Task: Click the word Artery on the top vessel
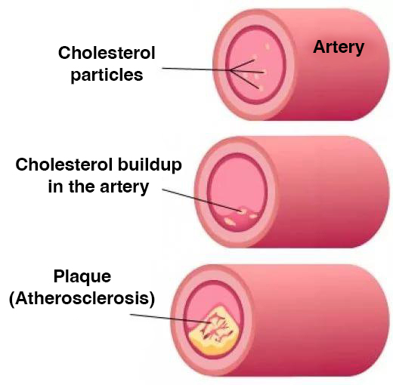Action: pyautogui.click(x=339, y=48)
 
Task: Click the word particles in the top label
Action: pyautogui.click(x=107, y=75)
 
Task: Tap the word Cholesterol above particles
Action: pyautogui.click(x=107, y=53)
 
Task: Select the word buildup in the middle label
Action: pyautogui.click(x=150, y=165)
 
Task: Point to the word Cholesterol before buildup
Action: pyautogui.click(x=64, y=165)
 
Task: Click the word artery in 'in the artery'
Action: pyautogui.click(x=125, y=187)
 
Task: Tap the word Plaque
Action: pyautogui.click(x=82, y=277)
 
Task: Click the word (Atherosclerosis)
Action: pyautogui.click(x=82, y=299)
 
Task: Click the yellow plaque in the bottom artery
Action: pyautogui.click(x=214, y=331)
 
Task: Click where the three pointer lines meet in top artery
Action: pyautogui.click(x=230, y=70)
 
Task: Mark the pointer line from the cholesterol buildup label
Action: pyautogui.click(x=202, y=200)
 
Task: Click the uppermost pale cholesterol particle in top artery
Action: pyautogui.click(x=268, y=46)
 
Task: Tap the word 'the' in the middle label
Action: pyautogui.click(x=82, y=186)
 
